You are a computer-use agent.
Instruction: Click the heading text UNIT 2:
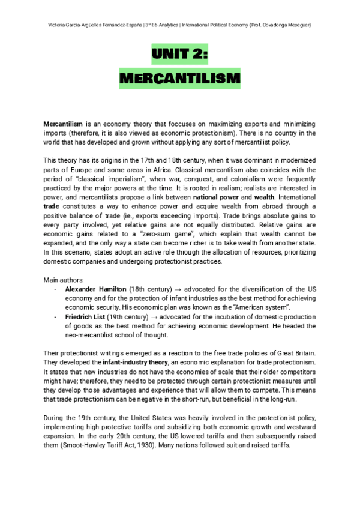(179, 56)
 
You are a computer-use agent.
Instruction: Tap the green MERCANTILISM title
(179, 79)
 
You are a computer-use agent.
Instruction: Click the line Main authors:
(63, 280)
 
